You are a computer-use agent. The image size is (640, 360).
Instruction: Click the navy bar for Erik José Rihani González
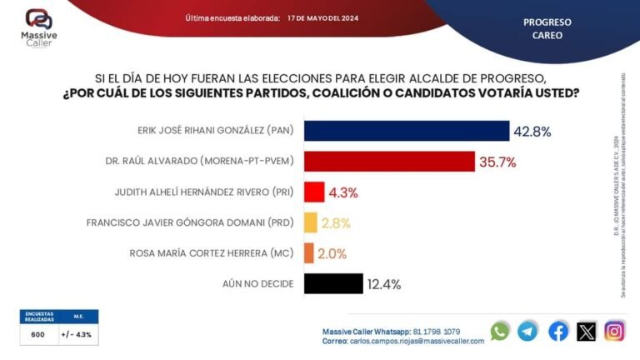(x=407, y=131)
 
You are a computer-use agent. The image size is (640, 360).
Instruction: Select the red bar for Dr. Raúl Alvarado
(x=389, y=162)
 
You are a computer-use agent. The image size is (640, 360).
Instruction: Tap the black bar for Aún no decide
(x=333, y=283)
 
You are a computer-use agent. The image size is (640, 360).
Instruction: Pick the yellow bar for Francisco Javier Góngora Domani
(x=310, y=222)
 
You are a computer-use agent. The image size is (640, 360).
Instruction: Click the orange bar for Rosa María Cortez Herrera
(x=308, y=253)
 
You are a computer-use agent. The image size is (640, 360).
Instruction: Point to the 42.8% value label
(x=532, y=132)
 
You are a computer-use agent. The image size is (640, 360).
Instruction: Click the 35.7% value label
(x=498, y=162)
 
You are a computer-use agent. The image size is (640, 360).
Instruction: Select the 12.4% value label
(x=383, y=284)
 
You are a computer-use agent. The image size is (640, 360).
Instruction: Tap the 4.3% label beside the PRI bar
(x=343, y=192)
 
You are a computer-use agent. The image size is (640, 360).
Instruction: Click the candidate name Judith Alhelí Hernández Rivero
(x=204, y=192)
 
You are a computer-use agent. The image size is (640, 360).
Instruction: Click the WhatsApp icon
(x=500, y=331)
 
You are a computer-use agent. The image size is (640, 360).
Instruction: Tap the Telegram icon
(x=527, y=331)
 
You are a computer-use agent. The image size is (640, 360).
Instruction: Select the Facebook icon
(x=558, y=331)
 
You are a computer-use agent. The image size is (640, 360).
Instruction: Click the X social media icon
(x=587, y=331)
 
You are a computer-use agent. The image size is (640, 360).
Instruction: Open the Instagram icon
(x=615, y=331)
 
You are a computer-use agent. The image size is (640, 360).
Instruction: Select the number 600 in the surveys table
(x=38, y=334)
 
